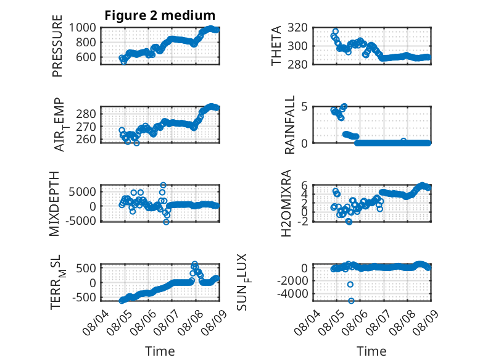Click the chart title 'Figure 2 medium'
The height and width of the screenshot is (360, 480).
coord(160,15)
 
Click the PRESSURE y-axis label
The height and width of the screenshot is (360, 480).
coord(57,46)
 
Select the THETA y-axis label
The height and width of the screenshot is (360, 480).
coord(276,46)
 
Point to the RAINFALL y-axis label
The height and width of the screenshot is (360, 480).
coord(289,124)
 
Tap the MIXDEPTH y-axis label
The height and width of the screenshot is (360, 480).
coord(54,203)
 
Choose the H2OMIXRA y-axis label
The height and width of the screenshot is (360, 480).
coord(286,203)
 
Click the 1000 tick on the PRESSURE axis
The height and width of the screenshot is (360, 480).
coord(82,28)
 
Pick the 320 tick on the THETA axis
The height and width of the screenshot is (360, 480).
coord(297,28)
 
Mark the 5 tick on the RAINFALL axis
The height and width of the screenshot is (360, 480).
coord(304,107)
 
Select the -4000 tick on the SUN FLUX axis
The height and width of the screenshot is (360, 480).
coord(292,294)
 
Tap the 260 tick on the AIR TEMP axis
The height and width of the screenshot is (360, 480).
coord(86,140)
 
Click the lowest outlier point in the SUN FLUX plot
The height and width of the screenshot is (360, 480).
coord(351,301)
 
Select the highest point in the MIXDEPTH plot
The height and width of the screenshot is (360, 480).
coord(163,185)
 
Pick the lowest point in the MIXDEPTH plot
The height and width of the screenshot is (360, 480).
coord(166,222)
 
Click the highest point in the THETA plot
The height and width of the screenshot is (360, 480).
coord(336,31)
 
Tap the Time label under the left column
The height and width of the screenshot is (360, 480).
coord(160,351)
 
